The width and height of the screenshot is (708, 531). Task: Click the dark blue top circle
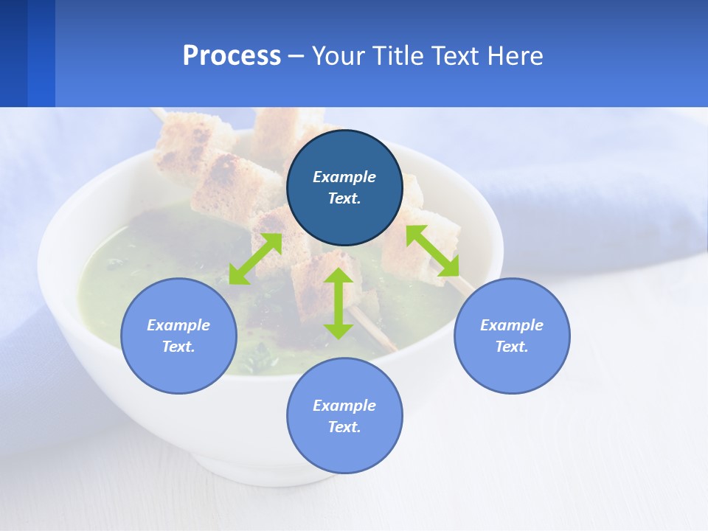click(x=344, y=187)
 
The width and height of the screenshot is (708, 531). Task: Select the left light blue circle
click(x=178, y=336)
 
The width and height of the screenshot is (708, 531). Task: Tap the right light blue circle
click(x=512, y=336)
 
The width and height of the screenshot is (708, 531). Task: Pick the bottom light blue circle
click(x=344, y=415)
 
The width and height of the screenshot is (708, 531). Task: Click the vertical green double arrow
click(x=339, y=303)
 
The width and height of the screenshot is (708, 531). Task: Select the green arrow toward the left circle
click(x=255, y=259)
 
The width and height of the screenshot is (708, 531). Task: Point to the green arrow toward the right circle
click(x=432, y=251)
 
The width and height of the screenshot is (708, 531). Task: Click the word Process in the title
click(x=232, y=56)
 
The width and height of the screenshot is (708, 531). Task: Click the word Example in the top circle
click(x=344, y=177)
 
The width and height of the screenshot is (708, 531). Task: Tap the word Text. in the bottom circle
click(x=344, y=427)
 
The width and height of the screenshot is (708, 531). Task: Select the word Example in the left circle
click(x=178, y=325)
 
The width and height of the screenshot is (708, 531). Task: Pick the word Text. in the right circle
click(x=512, y=347)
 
